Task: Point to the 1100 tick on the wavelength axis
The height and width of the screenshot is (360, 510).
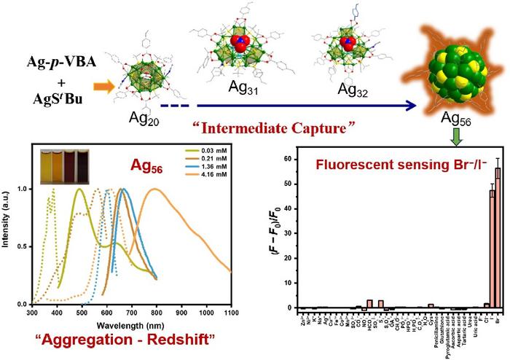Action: point(231,312)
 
